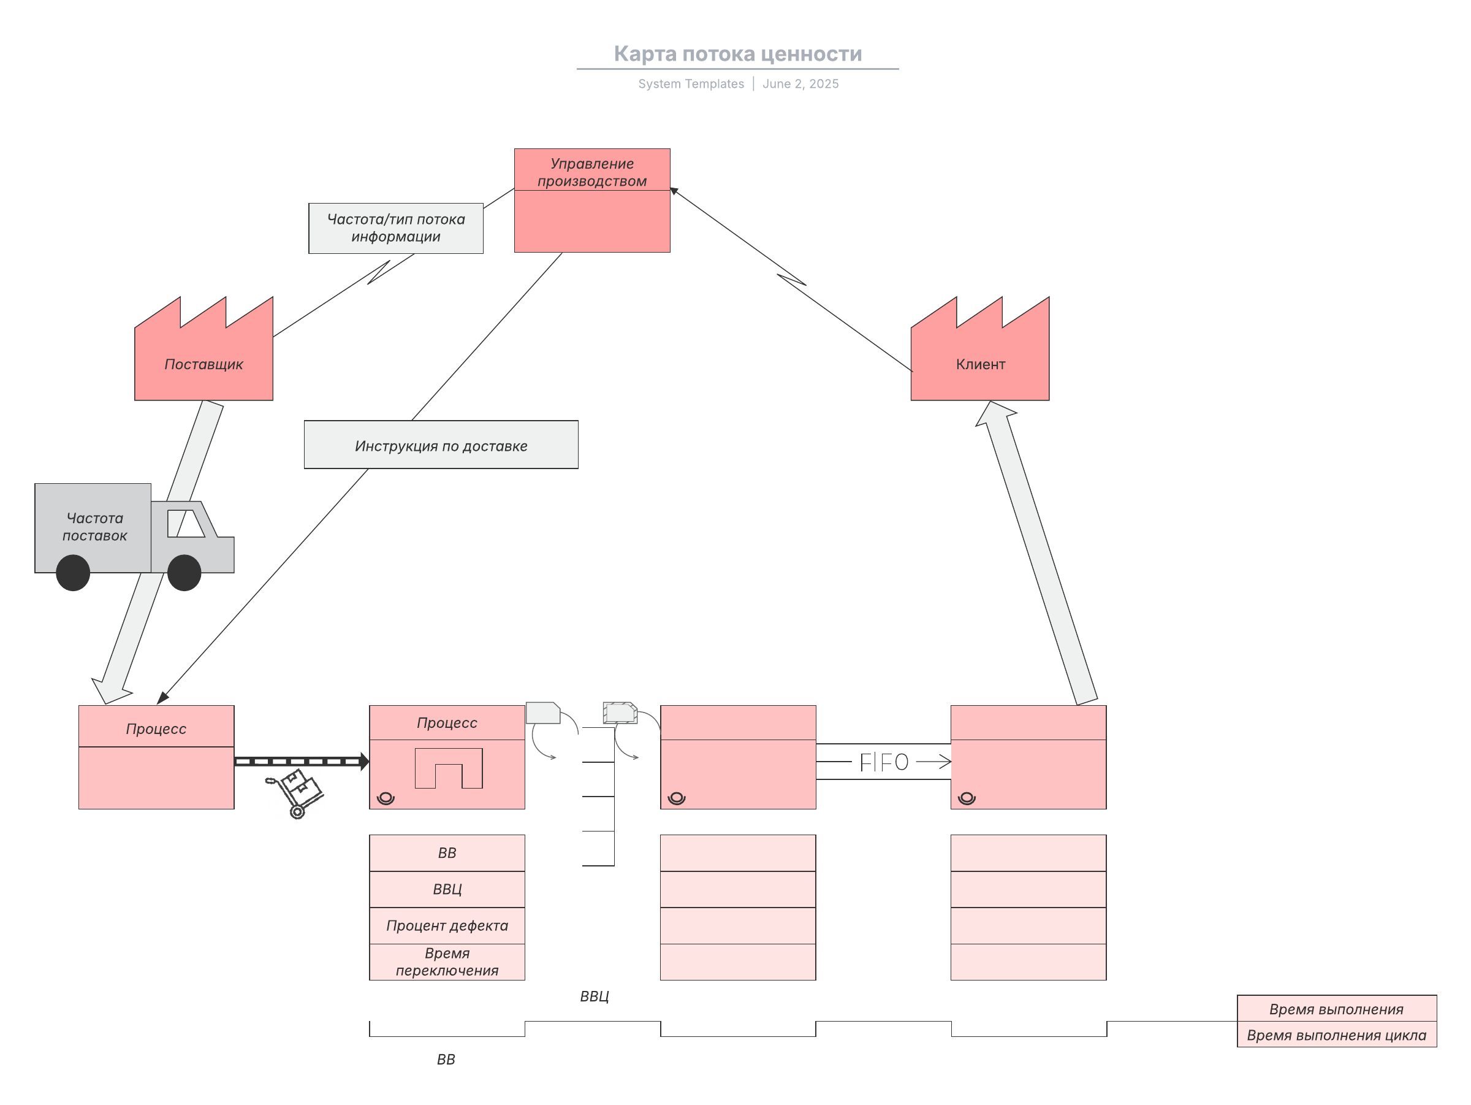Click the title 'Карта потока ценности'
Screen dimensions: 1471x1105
pos(737,53)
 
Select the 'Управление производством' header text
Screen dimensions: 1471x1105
pos(592,172)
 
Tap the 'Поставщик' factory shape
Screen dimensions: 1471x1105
pos(203,348)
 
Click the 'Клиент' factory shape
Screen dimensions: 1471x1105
pos(979,348)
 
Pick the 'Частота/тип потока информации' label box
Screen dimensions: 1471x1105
pos(396,228)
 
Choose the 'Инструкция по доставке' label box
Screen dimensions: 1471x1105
pos(441,445)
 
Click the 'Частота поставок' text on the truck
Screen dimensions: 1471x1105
pos(94,527)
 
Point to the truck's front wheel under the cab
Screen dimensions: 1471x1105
pos(184,573)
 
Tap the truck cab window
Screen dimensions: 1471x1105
pos(186,524)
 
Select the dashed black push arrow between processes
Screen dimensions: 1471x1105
pos(302,761)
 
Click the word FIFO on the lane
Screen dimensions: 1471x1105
pos(884,762)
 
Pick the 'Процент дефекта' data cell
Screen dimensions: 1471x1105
pos(447,925)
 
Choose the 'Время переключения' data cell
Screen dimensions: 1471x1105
pos(447,962)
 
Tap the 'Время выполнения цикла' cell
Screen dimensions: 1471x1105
pos(1337,1034)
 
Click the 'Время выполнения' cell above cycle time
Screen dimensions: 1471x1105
pos(1337,1009)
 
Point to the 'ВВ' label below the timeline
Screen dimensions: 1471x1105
pos(446,1059)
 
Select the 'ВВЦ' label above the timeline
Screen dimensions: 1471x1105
pos(594,996)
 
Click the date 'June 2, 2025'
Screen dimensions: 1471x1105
pos(800,84)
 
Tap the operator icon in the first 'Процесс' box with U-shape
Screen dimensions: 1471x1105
pos(386,798)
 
